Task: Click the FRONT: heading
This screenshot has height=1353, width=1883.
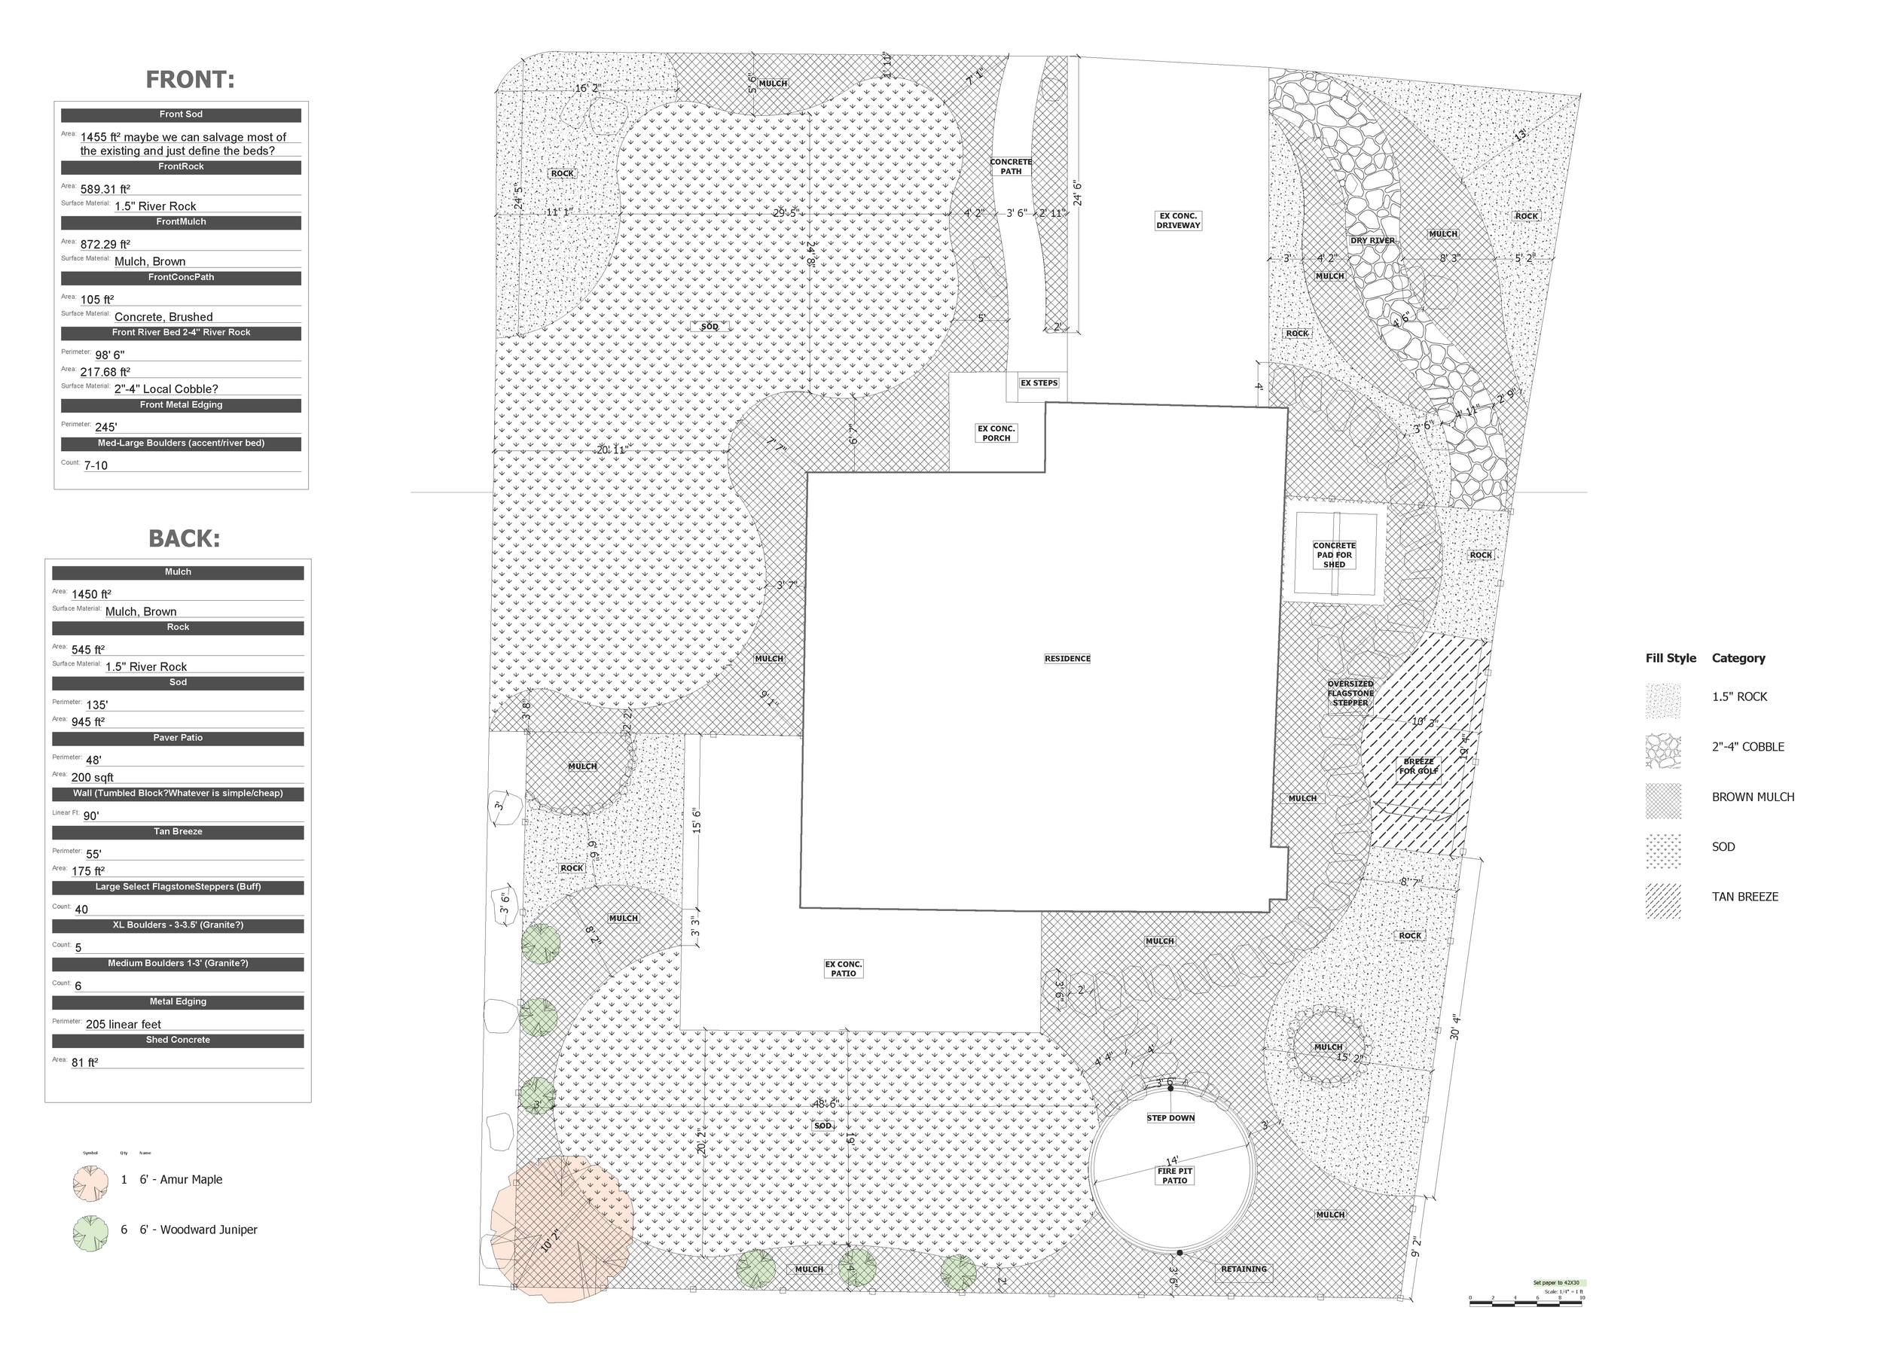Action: [190, 80]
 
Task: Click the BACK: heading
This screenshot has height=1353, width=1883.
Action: [185, 538]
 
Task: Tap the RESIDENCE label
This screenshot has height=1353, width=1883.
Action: [1067, 658]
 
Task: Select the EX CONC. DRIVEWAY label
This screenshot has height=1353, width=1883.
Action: [1178, 220]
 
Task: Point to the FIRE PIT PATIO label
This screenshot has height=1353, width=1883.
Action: [1174, 1175]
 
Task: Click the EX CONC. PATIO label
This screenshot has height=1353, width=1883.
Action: [844, 969]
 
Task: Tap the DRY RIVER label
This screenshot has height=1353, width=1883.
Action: [1372, 241]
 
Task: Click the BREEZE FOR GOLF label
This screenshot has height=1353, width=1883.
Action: [1418, 766]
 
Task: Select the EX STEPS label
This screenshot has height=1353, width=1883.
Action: [1039, 382]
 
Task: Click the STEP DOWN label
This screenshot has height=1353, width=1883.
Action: [1170, 1118]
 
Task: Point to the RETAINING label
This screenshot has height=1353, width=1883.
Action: [1244, 1269]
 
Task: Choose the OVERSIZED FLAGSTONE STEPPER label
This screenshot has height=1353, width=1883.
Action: [1350, 693]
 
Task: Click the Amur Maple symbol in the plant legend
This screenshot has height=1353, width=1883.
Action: [90, 1183]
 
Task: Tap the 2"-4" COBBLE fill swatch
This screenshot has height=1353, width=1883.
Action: [1663, 751]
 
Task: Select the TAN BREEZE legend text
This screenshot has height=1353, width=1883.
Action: [1744, 897]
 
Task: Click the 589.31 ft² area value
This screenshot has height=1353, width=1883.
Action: [105, 189]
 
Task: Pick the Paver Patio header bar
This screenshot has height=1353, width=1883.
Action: [178, 738]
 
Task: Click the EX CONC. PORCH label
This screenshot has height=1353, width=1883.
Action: [996, 433]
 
